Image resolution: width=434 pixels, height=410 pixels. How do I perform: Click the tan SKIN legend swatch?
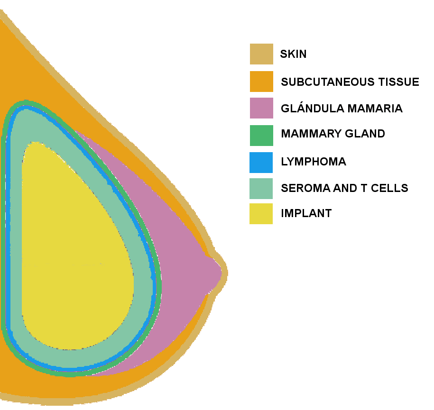pos(261,54)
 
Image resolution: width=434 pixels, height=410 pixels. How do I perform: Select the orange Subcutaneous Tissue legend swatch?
pos(261,82)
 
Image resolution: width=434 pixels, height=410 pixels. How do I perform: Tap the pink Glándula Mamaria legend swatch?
pos(261,108)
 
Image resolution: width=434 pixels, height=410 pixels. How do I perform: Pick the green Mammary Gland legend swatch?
pos(261,136)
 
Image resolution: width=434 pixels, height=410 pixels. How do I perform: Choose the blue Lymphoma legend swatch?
pos(261,163)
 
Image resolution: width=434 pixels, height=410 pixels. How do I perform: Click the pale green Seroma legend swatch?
pos(261,189)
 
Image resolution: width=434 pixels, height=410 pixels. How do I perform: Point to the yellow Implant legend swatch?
pos(261,214)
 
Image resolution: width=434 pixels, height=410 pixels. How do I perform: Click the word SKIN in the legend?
pos(293,54)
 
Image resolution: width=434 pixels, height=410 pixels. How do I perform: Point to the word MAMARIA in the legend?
pos(375,109)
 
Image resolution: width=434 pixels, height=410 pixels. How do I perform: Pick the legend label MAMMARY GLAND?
pos(332,134)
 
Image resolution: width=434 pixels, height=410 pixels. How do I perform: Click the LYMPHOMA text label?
pos(314,162)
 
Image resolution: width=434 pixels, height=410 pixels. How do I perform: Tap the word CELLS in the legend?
pos(389,188)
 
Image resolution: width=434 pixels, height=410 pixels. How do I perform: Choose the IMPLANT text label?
pos(306,213)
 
